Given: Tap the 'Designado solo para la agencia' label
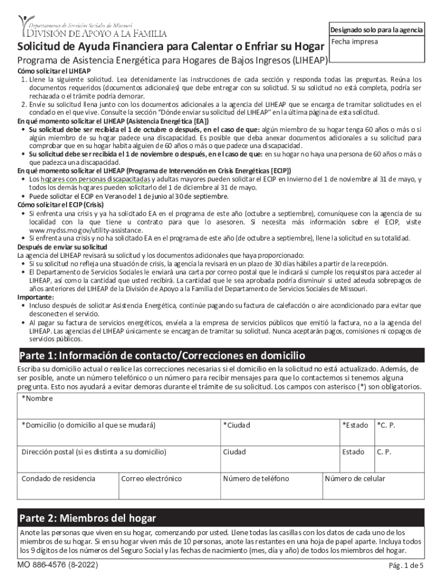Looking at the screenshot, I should coord(375,30).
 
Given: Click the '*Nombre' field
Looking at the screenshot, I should coord(221,405).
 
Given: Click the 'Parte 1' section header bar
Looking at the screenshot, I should coord(221,355).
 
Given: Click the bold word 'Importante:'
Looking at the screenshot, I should coord(36,297).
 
